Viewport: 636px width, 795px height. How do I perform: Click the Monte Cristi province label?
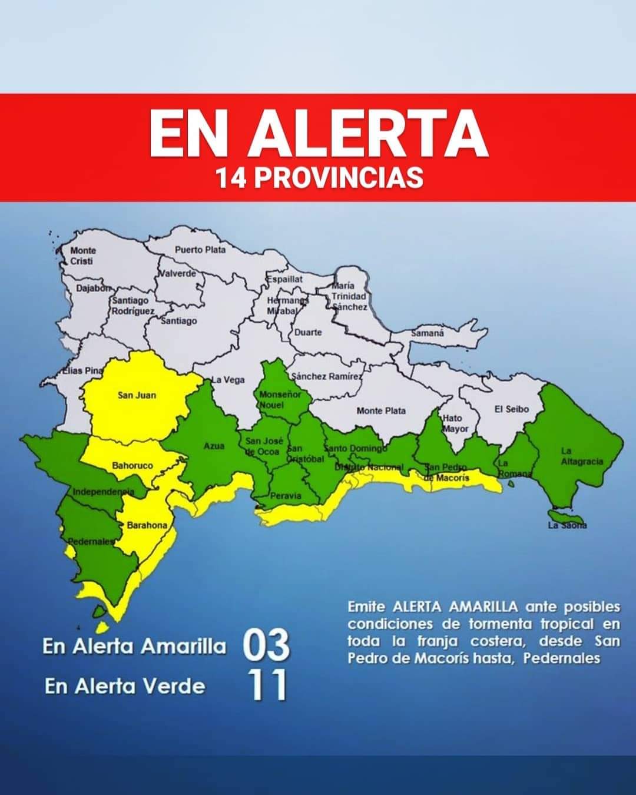(82, 256)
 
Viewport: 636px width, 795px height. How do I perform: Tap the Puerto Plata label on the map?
(200, 250)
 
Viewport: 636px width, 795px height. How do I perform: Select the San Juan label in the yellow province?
(137, 395)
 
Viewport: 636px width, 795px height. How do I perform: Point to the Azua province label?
(214, 446)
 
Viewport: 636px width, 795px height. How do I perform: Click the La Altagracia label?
(581, 456)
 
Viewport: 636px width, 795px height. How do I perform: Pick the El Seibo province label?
(512, 409)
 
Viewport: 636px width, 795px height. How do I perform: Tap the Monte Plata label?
(381, 410)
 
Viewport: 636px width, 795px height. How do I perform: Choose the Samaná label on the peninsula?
(427, 333)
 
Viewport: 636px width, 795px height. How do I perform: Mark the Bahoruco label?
(132, 465)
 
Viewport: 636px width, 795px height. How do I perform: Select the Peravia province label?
(286, 495)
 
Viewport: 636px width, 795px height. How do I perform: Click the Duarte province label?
(308, 332)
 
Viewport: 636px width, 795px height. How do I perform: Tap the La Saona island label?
(567, 525)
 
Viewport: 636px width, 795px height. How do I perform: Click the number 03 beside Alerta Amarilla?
(266, 645)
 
